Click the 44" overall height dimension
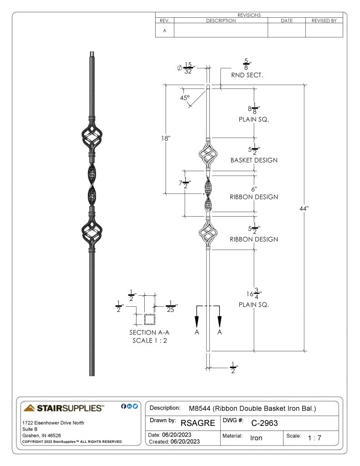pyautogui.click(x=304, y=208)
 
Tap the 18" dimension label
pyautogui.click(x=166, y=138)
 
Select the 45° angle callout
pyautogui.click(x=185, y=98)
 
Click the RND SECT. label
pyautogui.click(x=247, y=75)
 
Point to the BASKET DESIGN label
pyautogui.click(x=254, y=160)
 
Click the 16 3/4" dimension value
pyautogui.click(x=254, y=294)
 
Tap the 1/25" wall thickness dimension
pyautogui.click(x=171, y=306)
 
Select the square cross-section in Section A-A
pyautogui.click(x=150, y=319)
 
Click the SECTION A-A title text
pyautogui.click(x=149, y=333)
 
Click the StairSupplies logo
pyautogui.click(x=64, y=408)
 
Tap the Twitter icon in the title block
pyautogui.click(x=135, y=406)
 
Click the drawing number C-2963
pyautogui.click(x=264, y=423)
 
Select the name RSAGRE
pyautogui.click(x=198, y=423)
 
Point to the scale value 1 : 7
pyautogui.click(x=314, y=438)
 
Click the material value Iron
pyautogui.click(x=256, y=438)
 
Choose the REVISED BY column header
pyautogui.click(x=324, y=20)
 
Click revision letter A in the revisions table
pyautogui.click(x=165, y=30)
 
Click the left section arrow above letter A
pyautogui.click(x=197, y=317)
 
